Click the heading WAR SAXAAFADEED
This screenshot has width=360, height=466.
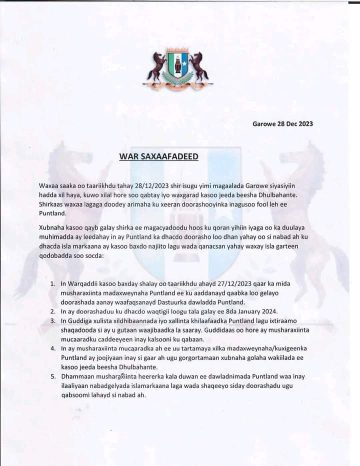158,156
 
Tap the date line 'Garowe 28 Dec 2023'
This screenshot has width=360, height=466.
283,124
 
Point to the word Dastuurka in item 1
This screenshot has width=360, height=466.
199,302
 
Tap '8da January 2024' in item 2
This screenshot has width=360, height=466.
242,311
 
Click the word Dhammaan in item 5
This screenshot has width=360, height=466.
77,376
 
